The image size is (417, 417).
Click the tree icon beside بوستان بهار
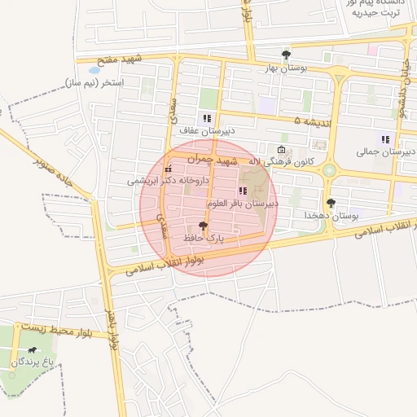285,55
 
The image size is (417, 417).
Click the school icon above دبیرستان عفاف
207,119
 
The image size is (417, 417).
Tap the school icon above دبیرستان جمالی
385,139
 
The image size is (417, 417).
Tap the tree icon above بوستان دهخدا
330,203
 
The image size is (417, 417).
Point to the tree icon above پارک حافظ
203,225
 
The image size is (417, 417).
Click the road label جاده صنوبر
54,173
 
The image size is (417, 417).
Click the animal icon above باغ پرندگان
32,349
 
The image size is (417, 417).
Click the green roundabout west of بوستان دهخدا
329,170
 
